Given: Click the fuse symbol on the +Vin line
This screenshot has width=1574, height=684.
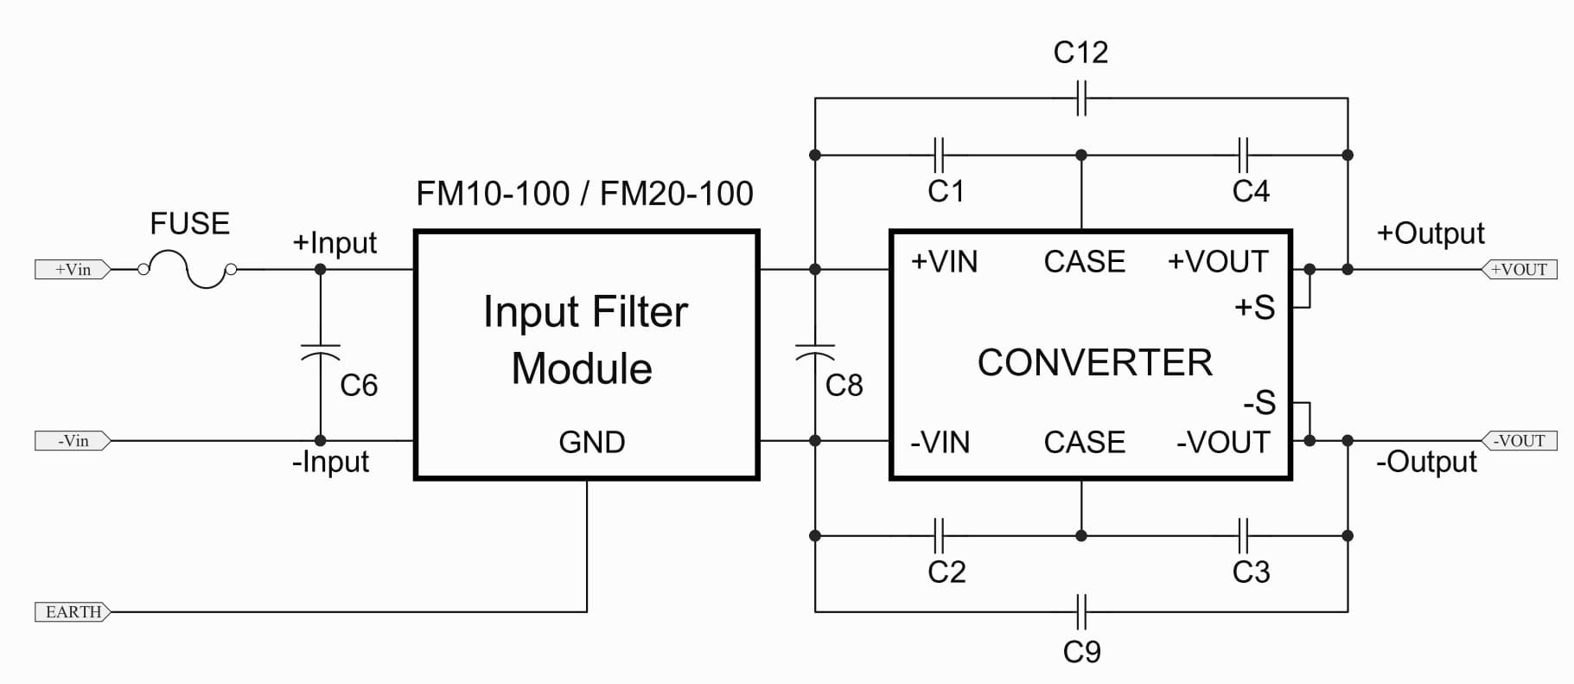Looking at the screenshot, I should pos(188,269).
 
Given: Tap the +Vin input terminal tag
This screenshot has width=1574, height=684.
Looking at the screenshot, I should pos(73,270).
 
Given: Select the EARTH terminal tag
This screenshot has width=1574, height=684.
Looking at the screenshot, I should pos(73,612).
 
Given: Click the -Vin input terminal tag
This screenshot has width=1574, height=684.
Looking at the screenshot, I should pos(73,441).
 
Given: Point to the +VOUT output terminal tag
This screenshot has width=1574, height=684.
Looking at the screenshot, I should pos(1520,270).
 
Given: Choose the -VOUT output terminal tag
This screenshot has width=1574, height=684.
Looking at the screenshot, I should pos(1520,441).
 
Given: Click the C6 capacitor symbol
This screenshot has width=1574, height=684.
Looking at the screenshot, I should pos(320,350).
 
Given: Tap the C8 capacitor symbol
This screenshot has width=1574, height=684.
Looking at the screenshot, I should pos(814,350).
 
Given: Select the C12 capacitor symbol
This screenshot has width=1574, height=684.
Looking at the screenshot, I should pos(1081,99).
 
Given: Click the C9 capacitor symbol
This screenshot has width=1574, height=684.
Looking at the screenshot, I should pos(1081,612).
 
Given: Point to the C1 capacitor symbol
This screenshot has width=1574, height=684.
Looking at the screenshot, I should pos(940,156).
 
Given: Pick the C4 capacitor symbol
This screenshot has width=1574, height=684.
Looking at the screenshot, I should pos(1243,156).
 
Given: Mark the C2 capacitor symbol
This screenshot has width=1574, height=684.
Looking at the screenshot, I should pos(940,536).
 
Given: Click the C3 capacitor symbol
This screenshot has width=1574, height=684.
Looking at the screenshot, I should pos(1243,536).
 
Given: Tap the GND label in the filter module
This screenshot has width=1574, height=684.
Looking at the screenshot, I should pos(592,443).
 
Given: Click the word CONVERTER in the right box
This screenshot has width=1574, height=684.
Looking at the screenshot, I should pos(1095,363).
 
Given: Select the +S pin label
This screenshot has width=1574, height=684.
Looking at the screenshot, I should pos(1254,308).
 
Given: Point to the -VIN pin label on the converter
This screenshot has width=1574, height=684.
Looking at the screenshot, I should pos(940,443).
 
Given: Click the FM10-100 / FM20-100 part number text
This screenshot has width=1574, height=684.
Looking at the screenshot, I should pos(584,194).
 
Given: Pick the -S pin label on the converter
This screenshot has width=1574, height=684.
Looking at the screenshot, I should pos(1259,403).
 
